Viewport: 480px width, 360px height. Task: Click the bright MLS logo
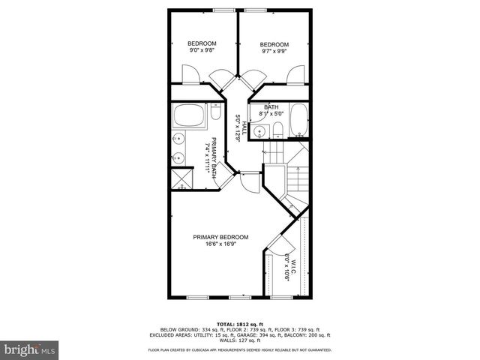click(x=29, y=349)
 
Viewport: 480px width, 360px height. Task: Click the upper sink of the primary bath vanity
click(x=180, y=138)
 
